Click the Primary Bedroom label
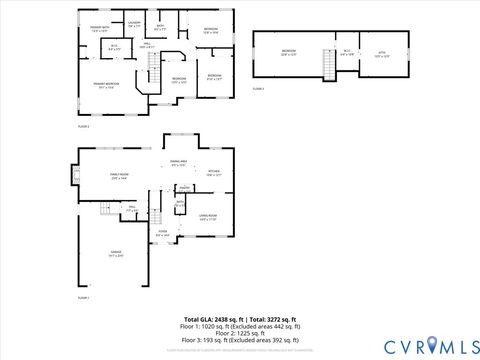point(107,85)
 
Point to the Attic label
point(380,52)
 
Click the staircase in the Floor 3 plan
point(328,65)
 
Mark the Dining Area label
point(177,163)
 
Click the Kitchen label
point(213,173)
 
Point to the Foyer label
point(162,235)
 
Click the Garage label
point(115,254)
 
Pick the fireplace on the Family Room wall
point(74,178)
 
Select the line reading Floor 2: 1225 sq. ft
point(240,333)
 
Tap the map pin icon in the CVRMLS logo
point(430,345)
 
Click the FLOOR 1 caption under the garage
point(84,298)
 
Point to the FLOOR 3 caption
point(258,89)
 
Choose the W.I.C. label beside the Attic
point(347,52)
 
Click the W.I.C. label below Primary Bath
point(114,46)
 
